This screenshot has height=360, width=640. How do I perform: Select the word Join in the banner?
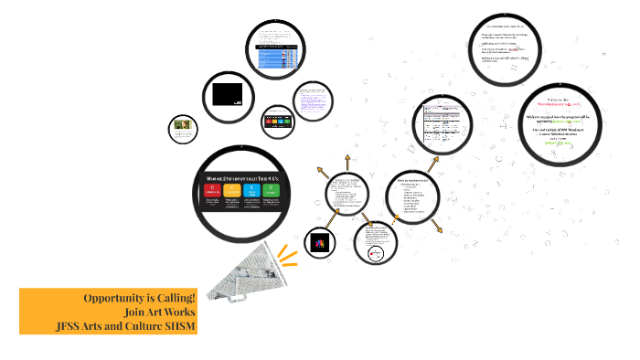click(x=136, y=312)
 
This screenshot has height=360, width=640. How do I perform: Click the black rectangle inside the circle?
click(x=228, y=94)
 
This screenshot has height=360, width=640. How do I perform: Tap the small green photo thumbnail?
click(x=182, y=129)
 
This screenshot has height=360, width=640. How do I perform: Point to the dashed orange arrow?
click(x=395, y=217)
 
